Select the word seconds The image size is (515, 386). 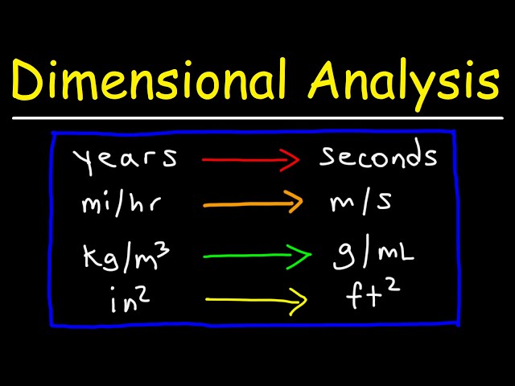[378, 157]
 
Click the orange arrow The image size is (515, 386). [253, 203]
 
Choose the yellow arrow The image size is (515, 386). [257, 301]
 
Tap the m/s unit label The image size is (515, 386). [362, 203]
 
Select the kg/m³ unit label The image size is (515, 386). [124, 257]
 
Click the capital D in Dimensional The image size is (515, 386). [30, 82]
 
